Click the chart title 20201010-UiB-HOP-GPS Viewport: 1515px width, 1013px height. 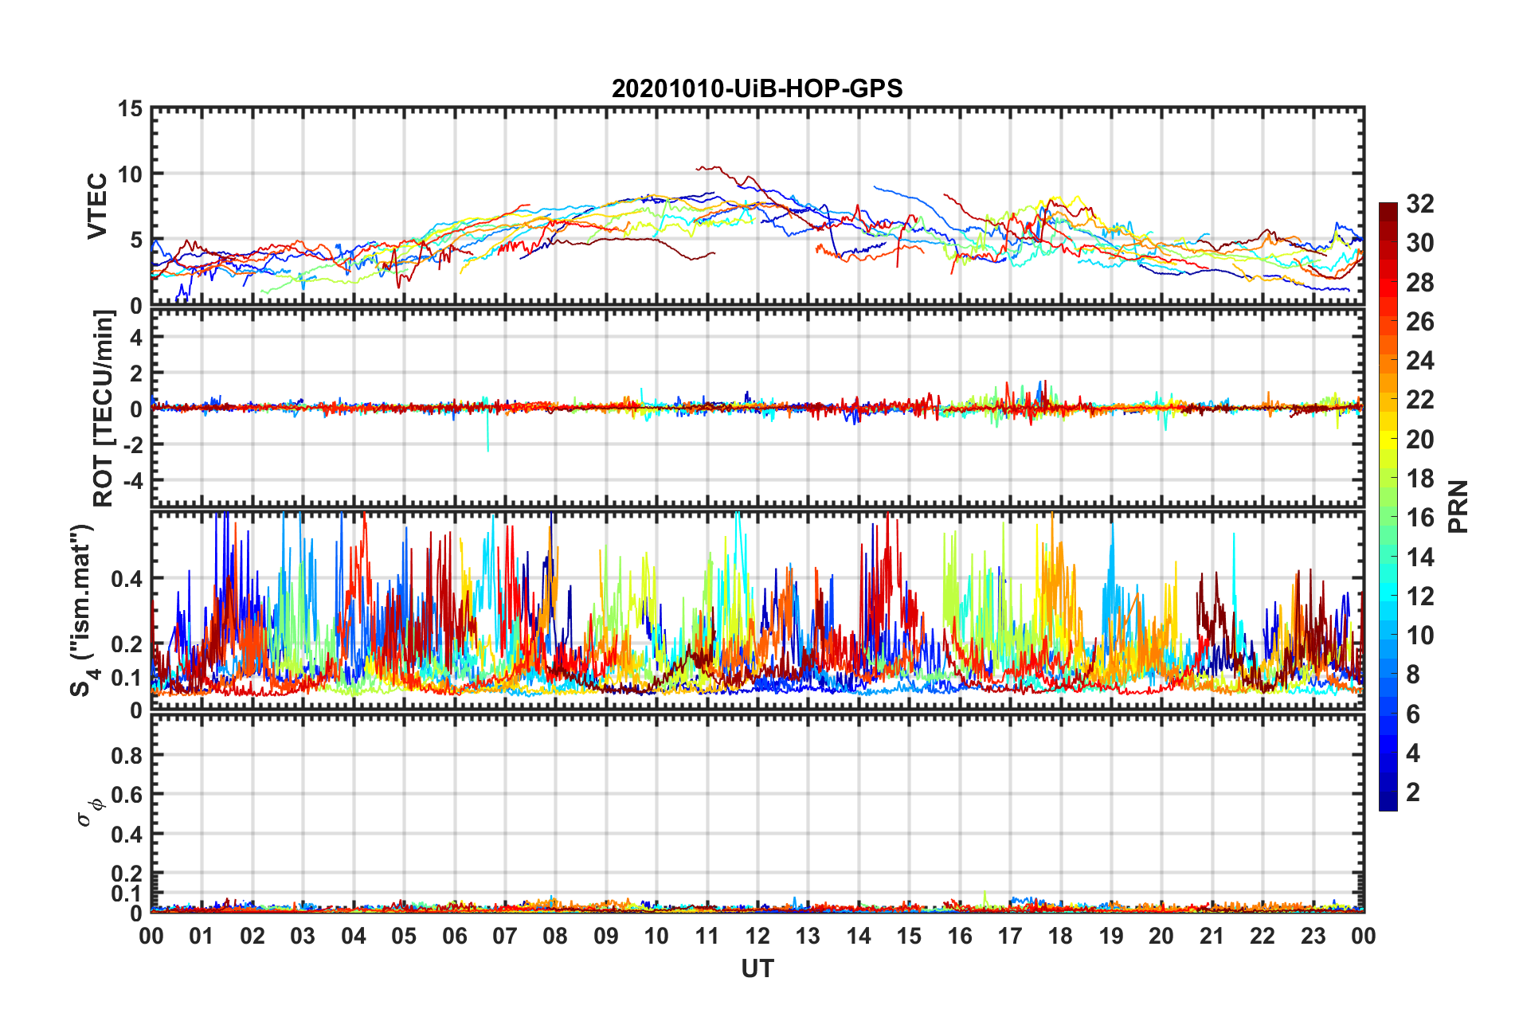[757, 88]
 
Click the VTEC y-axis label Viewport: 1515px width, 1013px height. [97, 205]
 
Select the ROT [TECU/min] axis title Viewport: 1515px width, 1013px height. [104, 409]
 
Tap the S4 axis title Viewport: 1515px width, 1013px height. [83, 610]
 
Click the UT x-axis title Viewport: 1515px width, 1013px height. [757, 968]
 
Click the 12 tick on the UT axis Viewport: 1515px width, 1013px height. [757, 936]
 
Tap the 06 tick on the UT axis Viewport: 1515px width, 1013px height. [454, 936]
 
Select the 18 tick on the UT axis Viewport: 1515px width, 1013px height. [1060, 936]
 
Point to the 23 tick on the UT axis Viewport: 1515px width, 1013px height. [1313, 936]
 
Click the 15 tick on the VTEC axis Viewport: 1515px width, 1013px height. [130, 108]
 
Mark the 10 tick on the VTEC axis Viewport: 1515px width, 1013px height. [130, 174]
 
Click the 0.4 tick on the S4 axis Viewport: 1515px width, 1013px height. [127, 579]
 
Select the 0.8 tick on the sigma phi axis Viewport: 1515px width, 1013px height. [127, 755]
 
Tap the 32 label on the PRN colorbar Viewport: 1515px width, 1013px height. [1419, 204]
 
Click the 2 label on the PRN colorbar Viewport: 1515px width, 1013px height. [1413, 792]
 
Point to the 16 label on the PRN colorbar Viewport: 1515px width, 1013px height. [1419, 518]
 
